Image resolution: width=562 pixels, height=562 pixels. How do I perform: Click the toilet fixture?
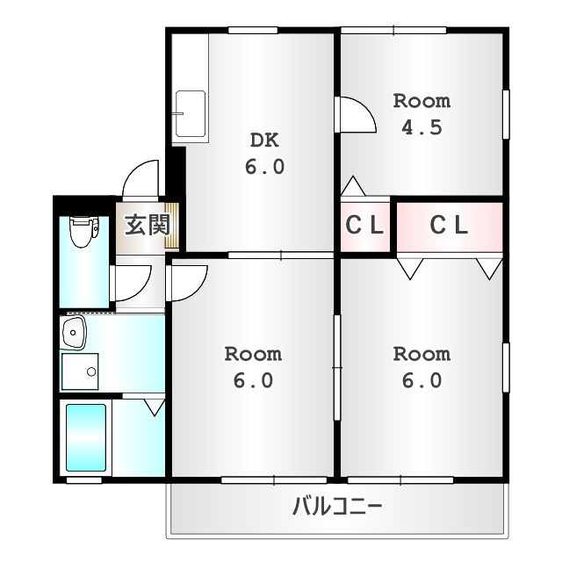(x=84, y=232)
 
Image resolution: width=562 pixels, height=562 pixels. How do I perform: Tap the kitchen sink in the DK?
(x=191, y=114)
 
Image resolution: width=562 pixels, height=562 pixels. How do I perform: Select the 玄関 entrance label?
(x=148, y=225)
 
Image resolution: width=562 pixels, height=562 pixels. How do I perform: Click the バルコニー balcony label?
(x=337, y=507)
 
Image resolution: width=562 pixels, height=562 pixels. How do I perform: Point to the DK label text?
(x=264, y=140)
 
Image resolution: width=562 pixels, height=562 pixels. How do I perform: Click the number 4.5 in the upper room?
(x=421, y=127)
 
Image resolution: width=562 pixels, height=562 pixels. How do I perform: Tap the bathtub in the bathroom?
(x=86, y=437)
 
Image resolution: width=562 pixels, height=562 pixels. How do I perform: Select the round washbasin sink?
(x=74, y=333)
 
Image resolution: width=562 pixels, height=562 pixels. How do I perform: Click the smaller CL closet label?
(x=364, y=226)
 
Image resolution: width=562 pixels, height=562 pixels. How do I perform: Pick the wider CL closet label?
(x=449, y=226)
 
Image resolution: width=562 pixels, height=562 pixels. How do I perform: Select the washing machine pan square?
(x=80, y=371)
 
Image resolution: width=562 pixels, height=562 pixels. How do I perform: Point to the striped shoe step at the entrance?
(x=172, y=225)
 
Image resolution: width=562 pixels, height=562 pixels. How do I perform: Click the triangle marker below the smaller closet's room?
(x=353, y=186)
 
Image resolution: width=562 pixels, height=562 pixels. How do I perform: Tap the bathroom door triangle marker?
(x=155, y=407)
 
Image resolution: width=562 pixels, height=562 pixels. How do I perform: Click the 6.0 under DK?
(x=264, y=167)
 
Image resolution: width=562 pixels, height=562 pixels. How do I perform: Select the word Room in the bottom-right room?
(x=421, y=354)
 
